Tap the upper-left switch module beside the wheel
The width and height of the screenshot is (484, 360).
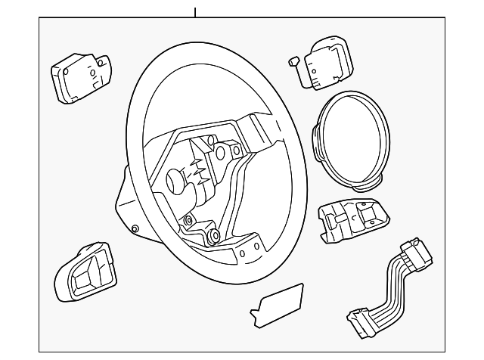point(80,76)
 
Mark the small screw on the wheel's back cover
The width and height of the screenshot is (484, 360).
point(135,229)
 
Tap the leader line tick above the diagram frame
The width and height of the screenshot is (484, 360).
point(194,11)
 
